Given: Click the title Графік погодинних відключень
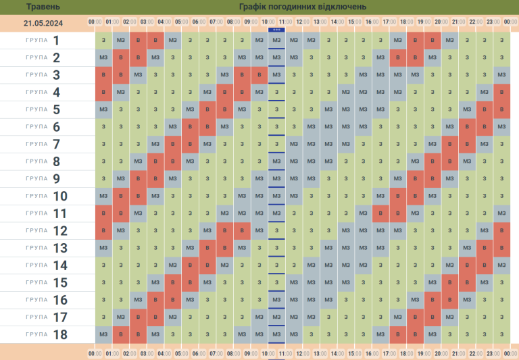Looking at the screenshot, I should [302, 7].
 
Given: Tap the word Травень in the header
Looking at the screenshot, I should [43, 7].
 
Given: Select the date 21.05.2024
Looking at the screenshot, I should [43, 22].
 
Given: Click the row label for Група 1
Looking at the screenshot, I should [47, 41].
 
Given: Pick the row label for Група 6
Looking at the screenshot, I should [47, 127].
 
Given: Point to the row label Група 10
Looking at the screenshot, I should [47, 196].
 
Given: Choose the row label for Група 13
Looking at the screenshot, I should [47, 248].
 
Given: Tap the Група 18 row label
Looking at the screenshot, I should [47, 334].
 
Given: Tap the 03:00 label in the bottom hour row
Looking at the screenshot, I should [147, 353].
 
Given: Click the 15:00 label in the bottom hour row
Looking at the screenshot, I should [355, 353].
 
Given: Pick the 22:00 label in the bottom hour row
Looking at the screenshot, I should [476, 353].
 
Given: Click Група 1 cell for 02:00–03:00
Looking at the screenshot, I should [139, 41].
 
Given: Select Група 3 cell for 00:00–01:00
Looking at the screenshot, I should [103, 75].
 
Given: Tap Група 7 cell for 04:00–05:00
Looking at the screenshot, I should [173, 144].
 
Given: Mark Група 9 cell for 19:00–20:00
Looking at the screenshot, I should [432, 178].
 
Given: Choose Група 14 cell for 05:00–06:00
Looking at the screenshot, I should [191, 265].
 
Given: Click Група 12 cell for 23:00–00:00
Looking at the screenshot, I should [501, 230].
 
